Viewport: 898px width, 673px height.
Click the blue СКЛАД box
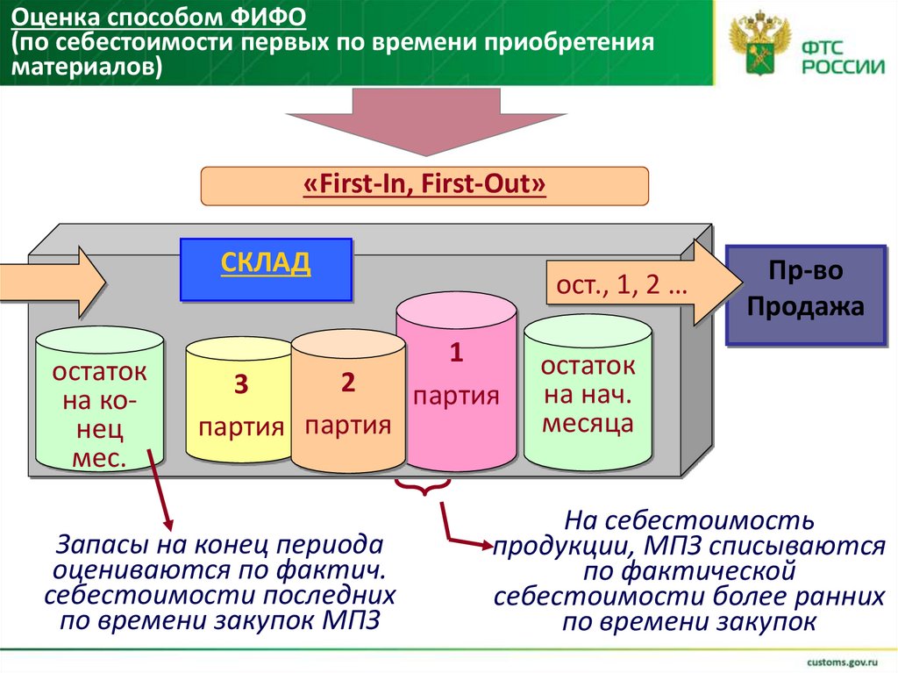pyautogui.click(x=266, y=269)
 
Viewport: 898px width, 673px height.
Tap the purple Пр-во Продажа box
pyautogui.click(x=804, y=294)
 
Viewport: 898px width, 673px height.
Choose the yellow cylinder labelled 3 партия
pyautogui.click(x=239, y=408)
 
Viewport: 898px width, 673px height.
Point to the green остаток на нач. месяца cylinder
pyautogui.click(x=588, y=395)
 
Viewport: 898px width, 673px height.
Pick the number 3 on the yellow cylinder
pyautogui.click(x=240, y=385)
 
